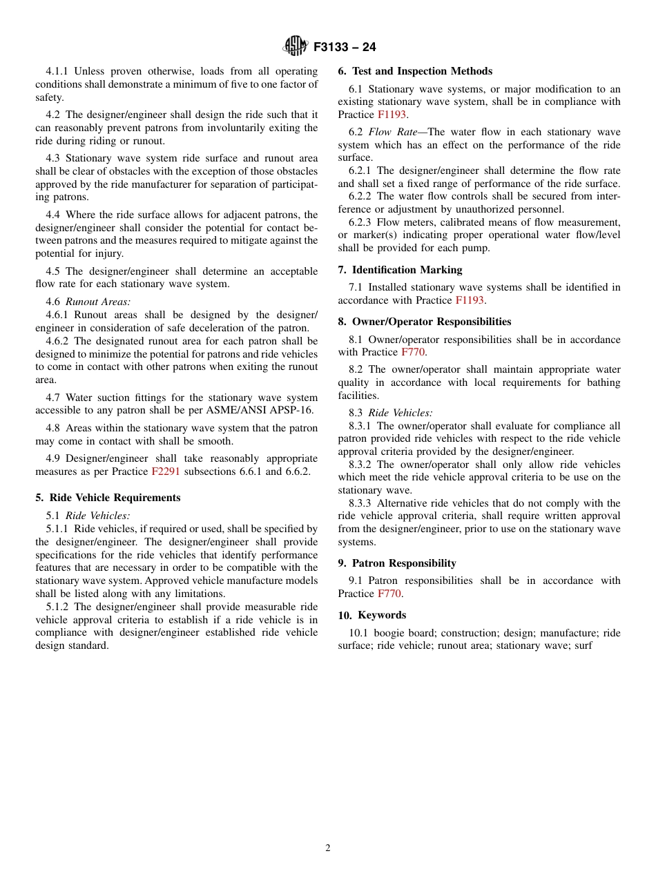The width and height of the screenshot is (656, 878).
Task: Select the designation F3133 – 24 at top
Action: point(345,48)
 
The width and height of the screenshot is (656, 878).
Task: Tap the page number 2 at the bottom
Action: point(328,848)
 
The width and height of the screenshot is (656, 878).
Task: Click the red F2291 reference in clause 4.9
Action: point(165,472)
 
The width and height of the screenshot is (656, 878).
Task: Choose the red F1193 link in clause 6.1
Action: point(392,115)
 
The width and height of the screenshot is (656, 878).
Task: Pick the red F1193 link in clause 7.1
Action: point(470,300)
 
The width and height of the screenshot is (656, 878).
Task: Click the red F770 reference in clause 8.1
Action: point(413,352)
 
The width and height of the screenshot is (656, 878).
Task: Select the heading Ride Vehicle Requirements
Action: point(115,498)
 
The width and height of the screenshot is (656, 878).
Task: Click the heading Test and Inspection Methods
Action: point(422,71)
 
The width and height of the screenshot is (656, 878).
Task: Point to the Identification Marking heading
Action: point(407,270)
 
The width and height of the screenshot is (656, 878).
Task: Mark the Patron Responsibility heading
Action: point(404,563)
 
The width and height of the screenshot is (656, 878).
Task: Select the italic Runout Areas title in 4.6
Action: point(98,302)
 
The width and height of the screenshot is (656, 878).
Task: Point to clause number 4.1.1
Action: point(58,71)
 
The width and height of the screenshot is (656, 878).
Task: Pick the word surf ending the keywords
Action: point(583,646)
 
